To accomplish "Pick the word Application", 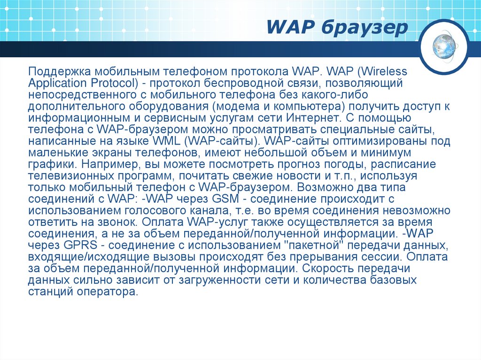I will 55,84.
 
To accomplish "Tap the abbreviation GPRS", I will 71,245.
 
